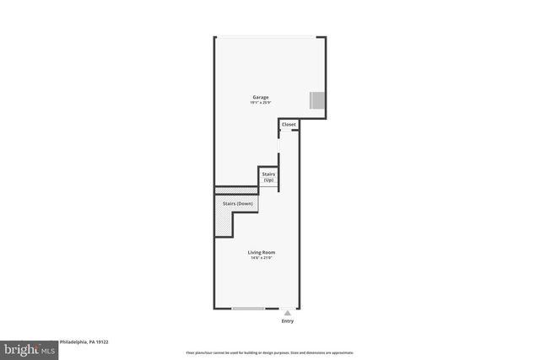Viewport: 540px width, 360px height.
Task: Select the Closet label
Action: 289,125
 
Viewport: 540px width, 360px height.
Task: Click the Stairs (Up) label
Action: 268,178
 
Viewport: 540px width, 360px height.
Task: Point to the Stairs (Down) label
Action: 237,204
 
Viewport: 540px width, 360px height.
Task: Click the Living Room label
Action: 261,253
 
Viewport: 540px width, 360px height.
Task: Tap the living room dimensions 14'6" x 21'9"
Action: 261,258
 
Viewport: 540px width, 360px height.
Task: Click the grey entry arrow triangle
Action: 288,312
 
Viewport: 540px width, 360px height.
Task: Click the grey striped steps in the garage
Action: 317,101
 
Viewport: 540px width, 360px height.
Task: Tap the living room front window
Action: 248,309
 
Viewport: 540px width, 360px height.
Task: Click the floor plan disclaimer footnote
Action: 269,352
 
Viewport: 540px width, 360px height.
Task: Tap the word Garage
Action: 261,98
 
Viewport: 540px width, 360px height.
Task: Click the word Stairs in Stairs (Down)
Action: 229,204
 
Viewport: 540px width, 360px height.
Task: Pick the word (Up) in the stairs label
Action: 268,180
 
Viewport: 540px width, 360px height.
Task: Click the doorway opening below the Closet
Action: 280,148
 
